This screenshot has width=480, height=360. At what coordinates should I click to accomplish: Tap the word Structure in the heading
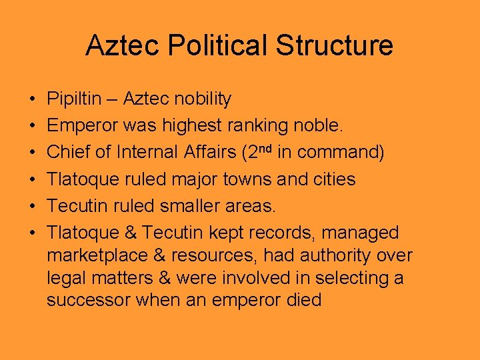click(x=335, y=45)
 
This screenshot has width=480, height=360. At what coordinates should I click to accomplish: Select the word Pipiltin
click(x=74, y=99)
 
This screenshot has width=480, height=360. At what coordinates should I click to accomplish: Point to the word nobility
click(x=201, y=99)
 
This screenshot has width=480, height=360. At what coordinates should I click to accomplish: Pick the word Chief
click(x=69, y=153)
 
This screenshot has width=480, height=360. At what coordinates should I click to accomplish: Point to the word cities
click(x=332, y=179)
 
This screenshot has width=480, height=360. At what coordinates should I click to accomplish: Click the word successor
click(x=89, y=300)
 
